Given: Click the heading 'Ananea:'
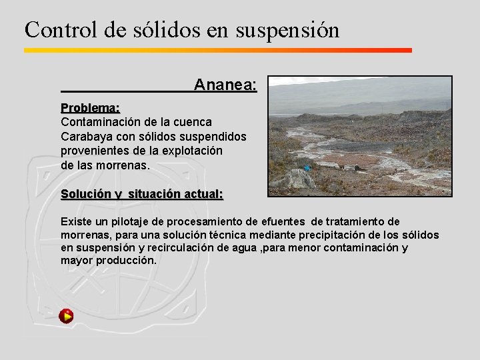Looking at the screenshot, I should [225, 85].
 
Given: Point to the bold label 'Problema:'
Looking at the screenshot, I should [90, 108].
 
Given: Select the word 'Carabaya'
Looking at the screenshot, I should [84, 136].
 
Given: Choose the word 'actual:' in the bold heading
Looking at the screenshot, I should [203, 194].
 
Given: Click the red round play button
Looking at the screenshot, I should [66, 316].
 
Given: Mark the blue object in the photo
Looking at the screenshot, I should [307, 168].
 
